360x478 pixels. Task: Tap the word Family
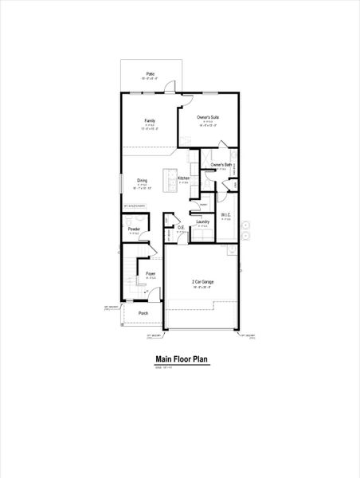pos(150,119)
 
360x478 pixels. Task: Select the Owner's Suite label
pos(209,117)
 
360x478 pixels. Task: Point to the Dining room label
pos(142,180)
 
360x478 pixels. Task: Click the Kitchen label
pos(183,178)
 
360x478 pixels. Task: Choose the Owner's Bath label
pos(221,165)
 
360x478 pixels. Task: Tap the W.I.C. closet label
pos(226,214)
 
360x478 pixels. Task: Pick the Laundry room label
pos(202,221)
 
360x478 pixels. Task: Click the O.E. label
pos(182,228)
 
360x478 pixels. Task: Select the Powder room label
pos(134,229)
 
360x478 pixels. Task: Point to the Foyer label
pos(150,273)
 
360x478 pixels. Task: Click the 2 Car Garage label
pos(202,282)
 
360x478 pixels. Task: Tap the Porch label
pos(143,313)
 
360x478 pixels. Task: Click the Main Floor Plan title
pos(181,359)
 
